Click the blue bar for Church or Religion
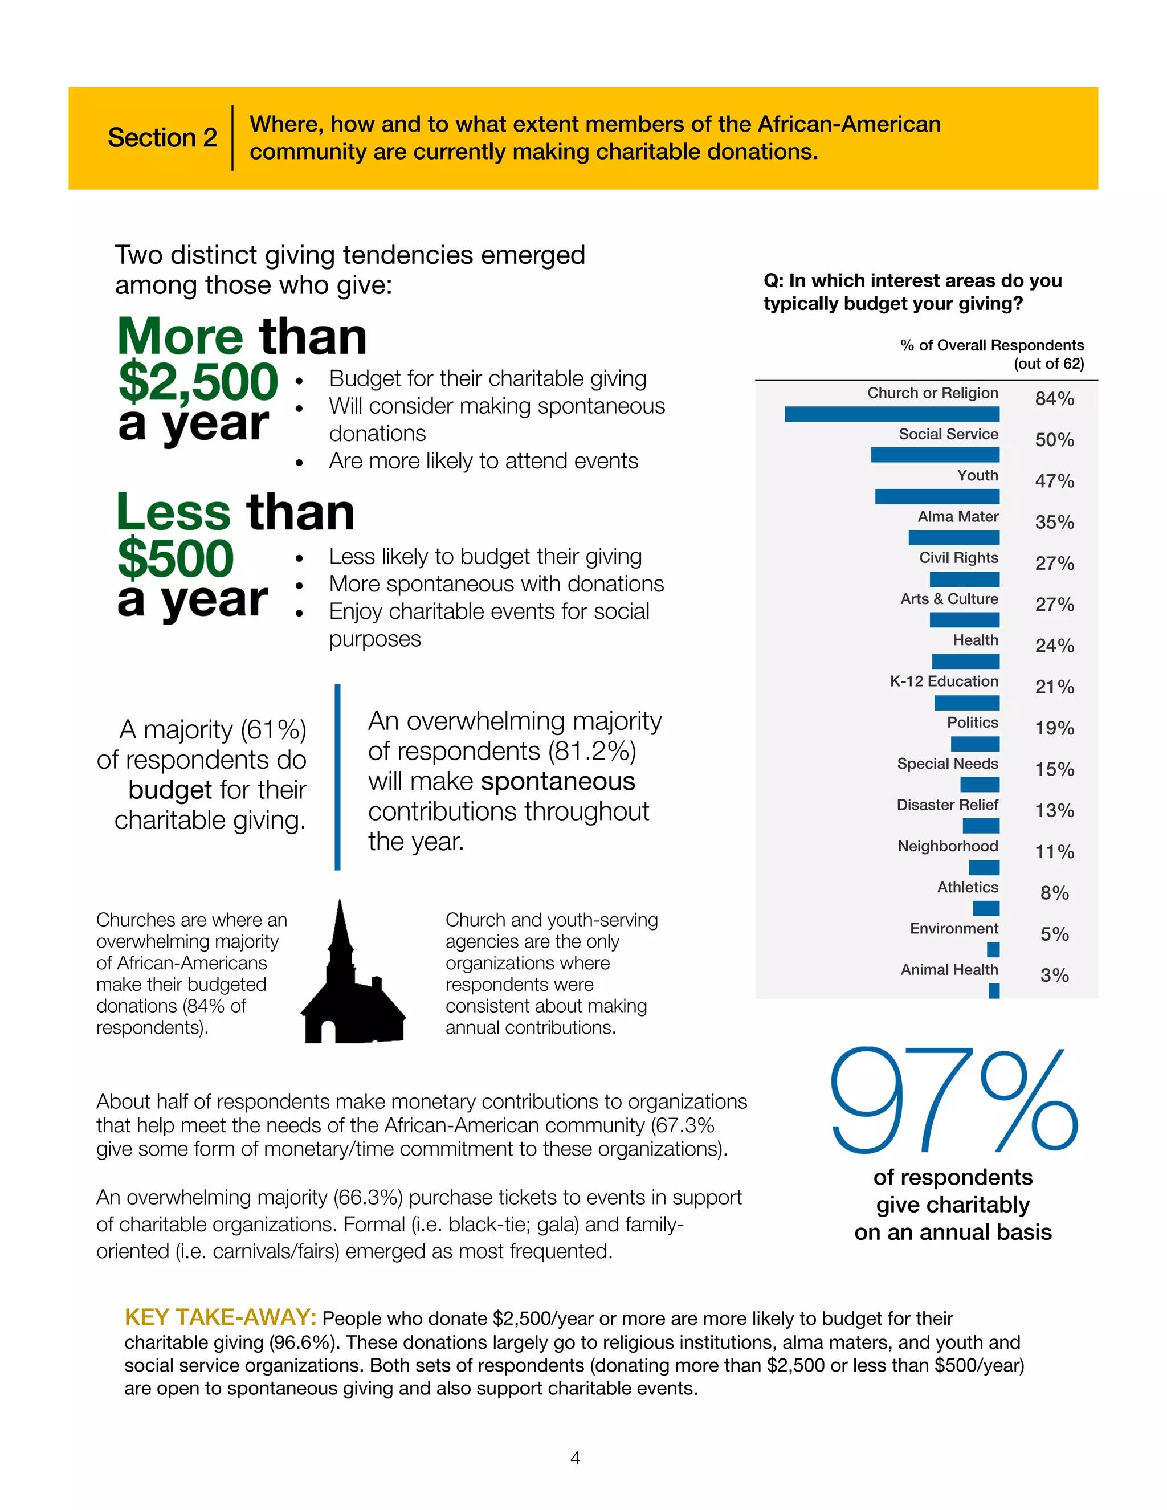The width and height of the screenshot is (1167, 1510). click(x=892, y=414)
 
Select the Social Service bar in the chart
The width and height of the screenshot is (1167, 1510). click(x=935, y=454)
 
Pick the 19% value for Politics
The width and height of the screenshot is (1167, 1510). click(x=1054, y=728)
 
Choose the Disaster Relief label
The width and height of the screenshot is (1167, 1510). click(x=947, y=805)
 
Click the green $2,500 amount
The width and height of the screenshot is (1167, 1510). click(x=198, y=381)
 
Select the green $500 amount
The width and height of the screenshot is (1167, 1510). click(x=176, y=558)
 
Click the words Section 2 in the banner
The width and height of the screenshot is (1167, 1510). click(x=162, y=137)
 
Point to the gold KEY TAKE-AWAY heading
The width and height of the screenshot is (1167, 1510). click(x=220, y=1317)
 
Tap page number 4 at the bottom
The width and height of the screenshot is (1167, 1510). click(x=575, y=1458)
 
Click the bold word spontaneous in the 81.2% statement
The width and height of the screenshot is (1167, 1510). click(x=558, y=781)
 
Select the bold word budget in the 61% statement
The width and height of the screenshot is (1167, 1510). click(x=169, y=790)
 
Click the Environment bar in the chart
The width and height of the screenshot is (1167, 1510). click(x=993, y=949)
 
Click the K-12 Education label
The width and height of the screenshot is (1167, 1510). click(x=944, y=681)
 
